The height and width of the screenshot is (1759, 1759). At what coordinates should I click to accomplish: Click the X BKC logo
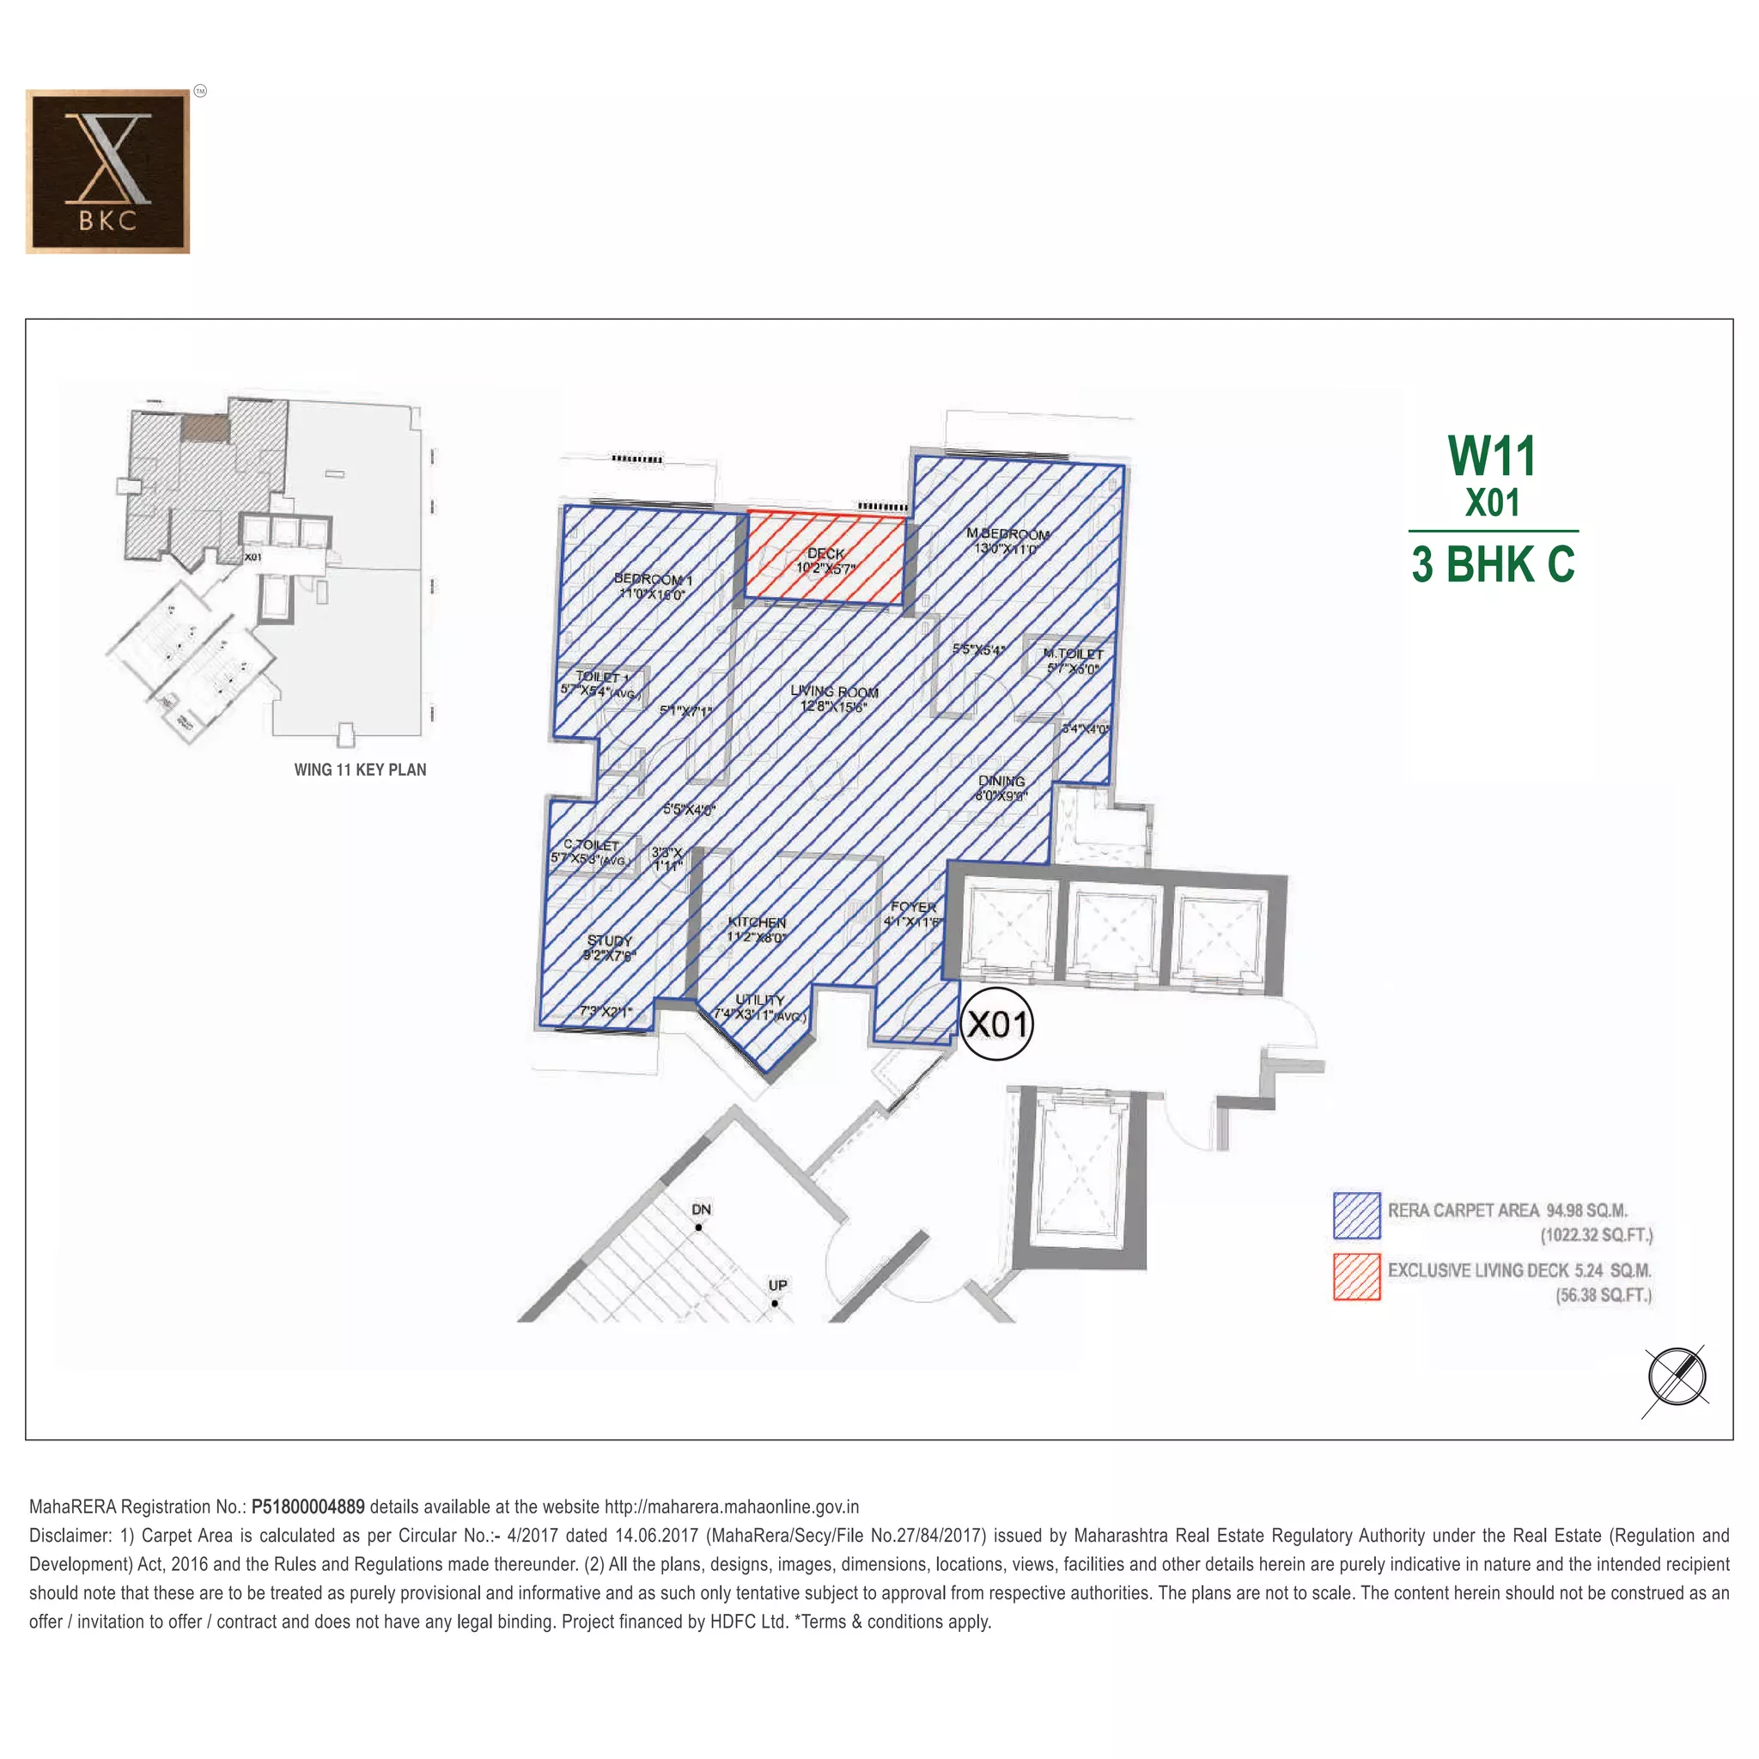point(107,171)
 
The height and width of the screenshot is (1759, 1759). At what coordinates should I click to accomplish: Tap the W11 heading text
point(1491,456)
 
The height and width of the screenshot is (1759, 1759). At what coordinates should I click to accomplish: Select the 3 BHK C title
point(1492,564)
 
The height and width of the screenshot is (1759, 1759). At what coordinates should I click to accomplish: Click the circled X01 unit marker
point(997,1025)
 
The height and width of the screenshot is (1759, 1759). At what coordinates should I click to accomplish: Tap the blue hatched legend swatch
point(1355,1215)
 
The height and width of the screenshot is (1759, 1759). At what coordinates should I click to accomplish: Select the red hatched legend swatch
point(1355,1276)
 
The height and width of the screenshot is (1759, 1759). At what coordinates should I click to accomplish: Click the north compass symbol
point(1677,1377)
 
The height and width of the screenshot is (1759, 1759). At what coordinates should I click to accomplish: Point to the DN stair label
point(701,1209)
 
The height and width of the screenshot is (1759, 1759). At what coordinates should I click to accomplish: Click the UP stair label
point(777,1285)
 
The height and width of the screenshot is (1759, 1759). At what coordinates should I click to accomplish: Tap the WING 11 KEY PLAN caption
point(360,770)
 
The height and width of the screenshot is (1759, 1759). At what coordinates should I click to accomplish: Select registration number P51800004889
point(307,1506)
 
